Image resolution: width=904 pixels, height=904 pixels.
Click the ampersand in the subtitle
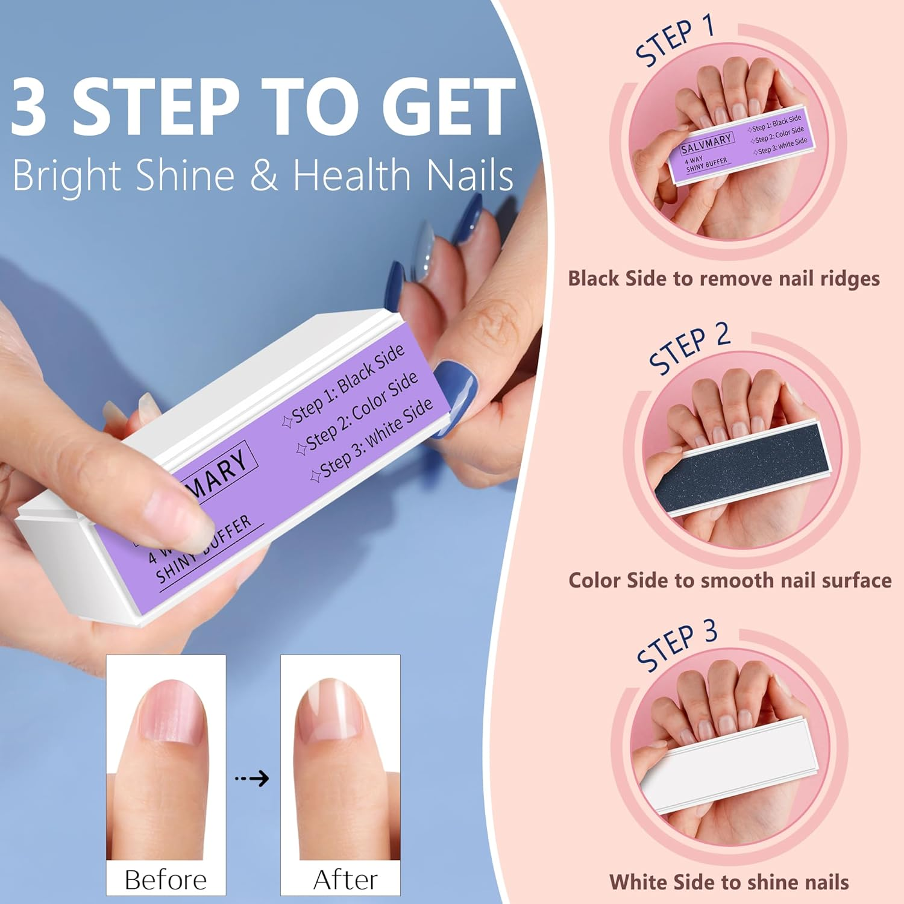(x=263, y=175)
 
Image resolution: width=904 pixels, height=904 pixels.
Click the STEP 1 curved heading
(x=675, y=41)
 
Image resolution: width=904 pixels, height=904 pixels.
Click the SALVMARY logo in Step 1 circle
(x=706, y=143)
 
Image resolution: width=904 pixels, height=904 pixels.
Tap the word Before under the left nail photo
(x=166, y=880)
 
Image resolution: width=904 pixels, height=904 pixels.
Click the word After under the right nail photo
(x=345, y=880)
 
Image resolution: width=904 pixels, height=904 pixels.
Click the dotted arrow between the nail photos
(x=252, y=779)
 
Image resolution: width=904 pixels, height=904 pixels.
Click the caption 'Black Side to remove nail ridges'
(x=723, y=278)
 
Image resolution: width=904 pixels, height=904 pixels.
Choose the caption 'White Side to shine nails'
(x=729, y=882)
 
